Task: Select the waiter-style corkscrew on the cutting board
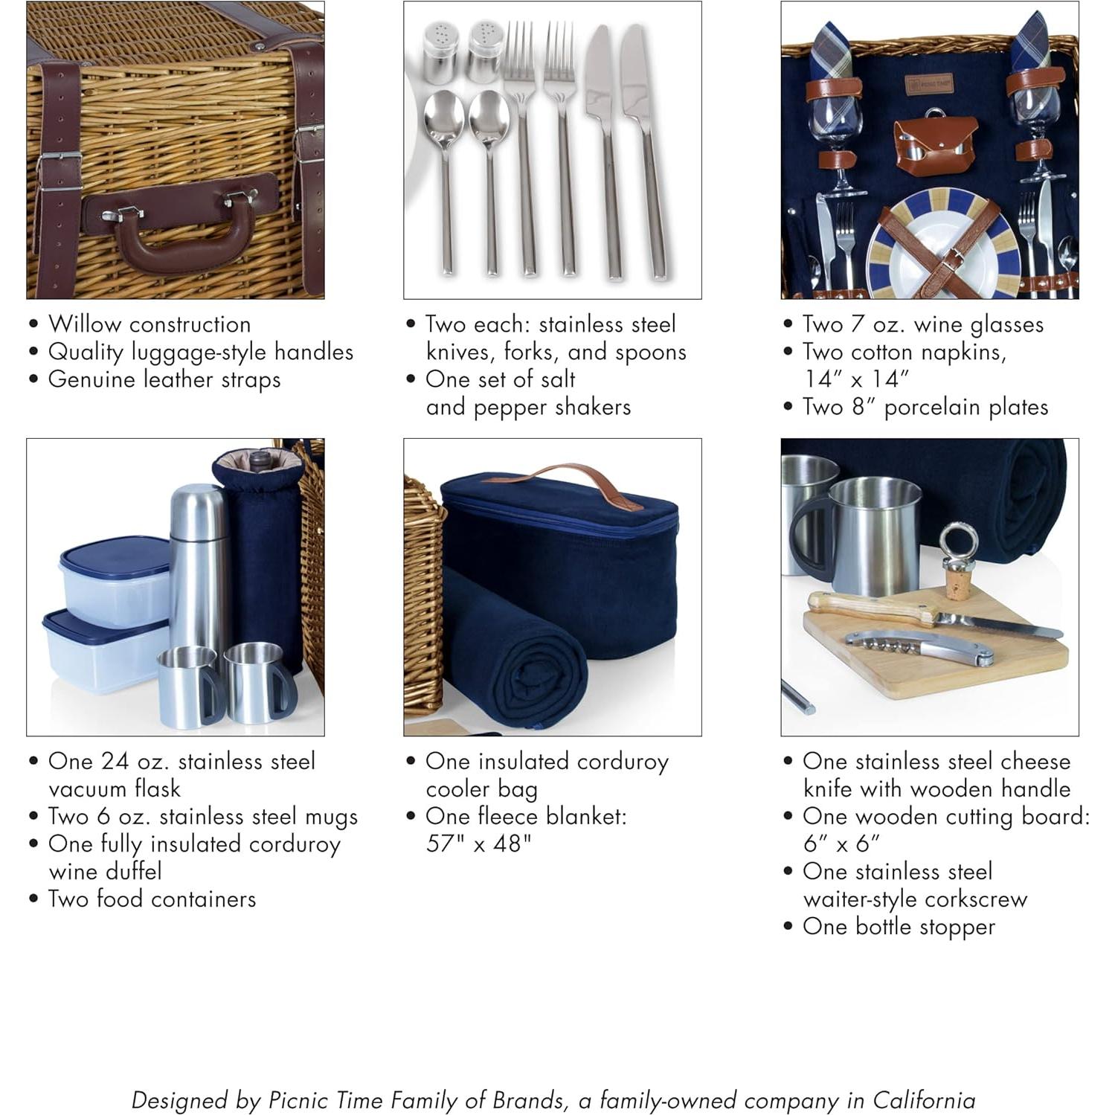(x=919, y=646)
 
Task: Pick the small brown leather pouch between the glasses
(x=934, y=144)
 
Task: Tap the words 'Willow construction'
(x=150, y=324)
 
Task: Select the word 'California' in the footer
(x=923, y=1099)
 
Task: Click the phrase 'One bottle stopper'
(x=899, y=927)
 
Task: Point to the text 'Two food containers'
(x=152, y=899)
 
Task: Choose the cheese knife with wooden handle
(x=930, y=614)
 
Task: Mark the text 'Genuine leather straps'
(x=164, y=379)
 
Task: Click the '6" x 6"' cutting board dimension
(x=841, y=844)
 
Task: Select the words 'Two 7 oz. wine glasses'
(x=922, y=324)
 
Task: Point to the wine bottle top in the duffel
(x=259, y=461)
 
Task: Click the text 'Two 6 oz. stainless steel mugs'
(x=202, y=817)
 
